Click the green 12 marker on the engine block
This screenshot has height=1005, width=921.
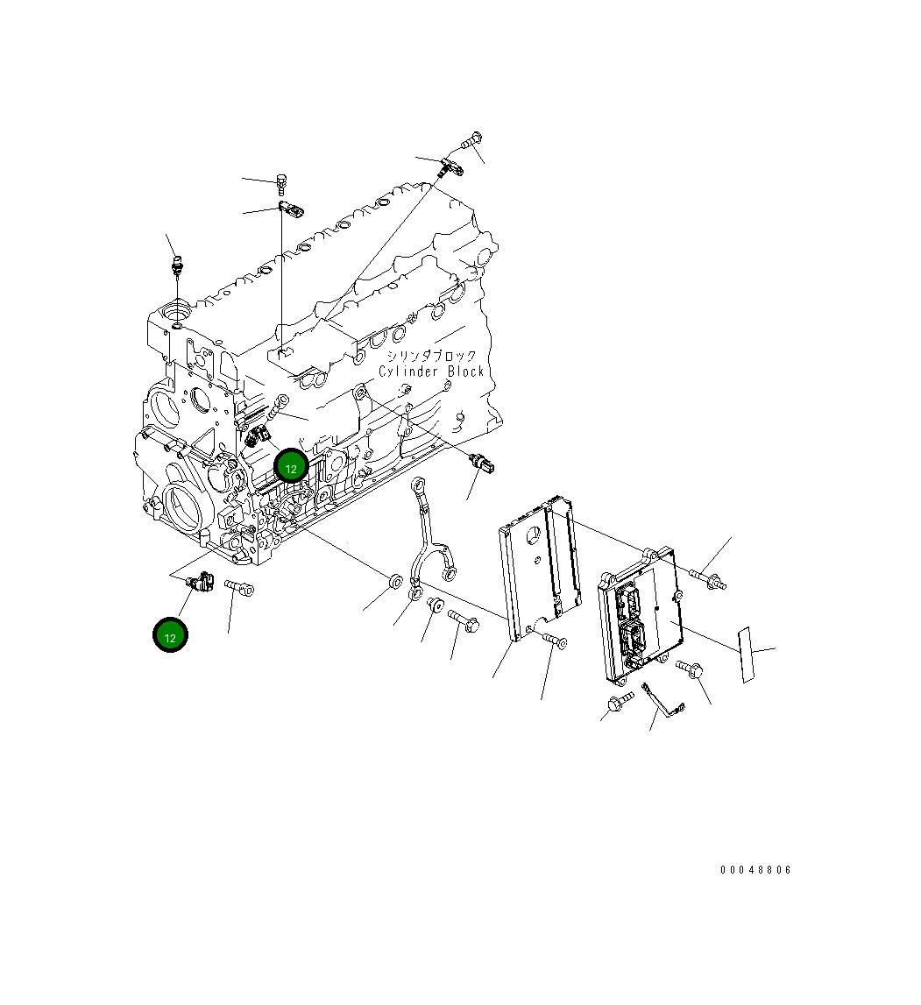(x=291, y=468)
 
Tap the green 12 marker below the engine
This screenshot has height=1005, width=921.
(x=170, y=636)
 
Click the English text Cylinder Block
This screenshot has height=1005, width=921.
(x=431, y=372)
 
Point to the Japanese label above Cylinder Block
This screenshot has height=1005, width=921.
(x=432, y=356)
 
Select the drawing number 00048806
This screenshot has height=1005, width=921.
(x=755, y=870)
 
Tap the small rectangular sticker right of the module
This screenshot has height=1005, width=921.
(x=746, y=655)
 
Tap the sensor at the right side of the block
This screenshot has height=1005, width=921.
(x=485, y=464)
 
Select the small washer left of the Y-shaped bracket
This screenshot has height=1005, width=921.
(x=394, y=582)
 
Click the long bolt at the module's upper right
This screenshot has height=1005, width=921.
(x=707, y=577)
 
